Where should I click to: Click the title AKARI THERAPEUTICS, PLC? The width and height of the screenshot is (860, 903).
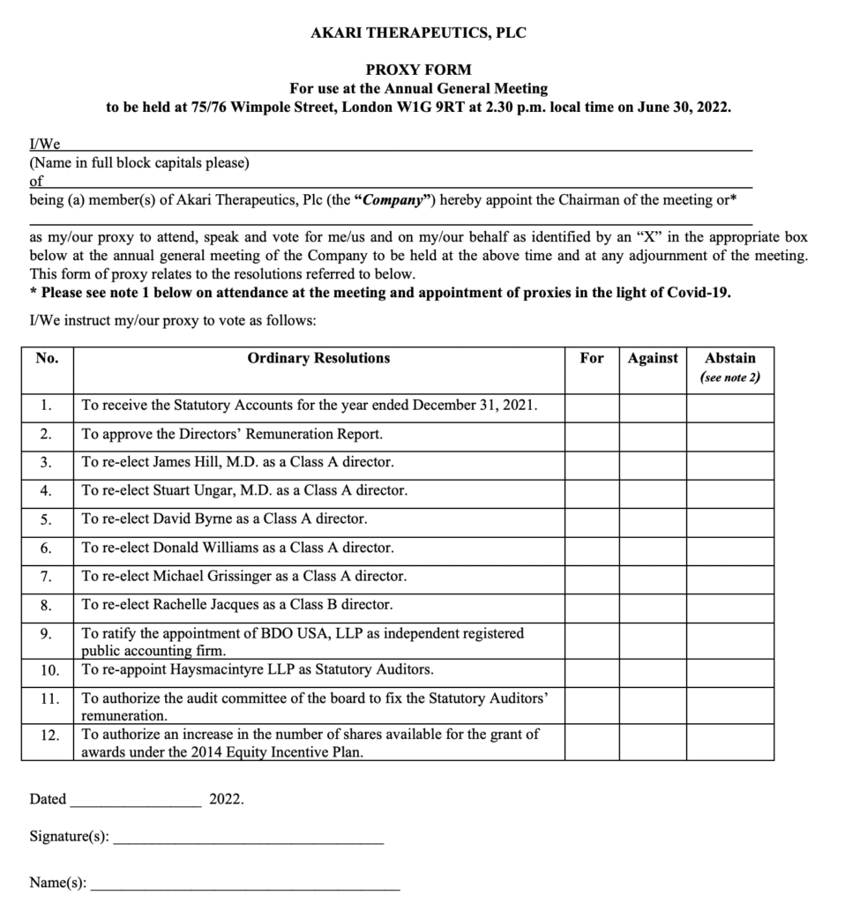418,34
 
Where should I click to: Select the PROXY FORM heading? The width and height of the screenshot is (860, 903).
418,70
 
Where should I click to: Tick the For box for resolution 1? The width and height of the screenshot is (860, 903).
591,407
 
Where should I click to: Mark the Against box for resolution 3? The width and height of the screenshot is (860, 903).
652,462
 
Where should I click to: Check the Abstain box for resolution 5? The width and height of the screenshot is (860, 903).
729,519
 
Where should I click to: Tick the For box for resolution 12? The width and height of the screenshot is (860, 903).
591,743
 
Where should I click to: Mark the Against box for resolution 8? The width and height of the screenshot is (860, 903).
652,605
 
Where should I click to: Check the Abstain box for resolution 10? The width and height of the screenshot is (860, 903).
729,670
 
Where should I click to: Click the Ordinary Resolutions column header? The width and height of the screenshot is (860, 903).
318,358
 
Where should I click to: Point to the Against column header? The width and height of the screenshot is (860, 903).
653,358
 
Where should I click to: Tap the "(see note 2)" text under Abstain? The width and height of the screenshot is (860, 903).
730,378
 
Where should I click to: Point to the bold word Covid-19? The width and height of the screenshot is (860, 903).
699,293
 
